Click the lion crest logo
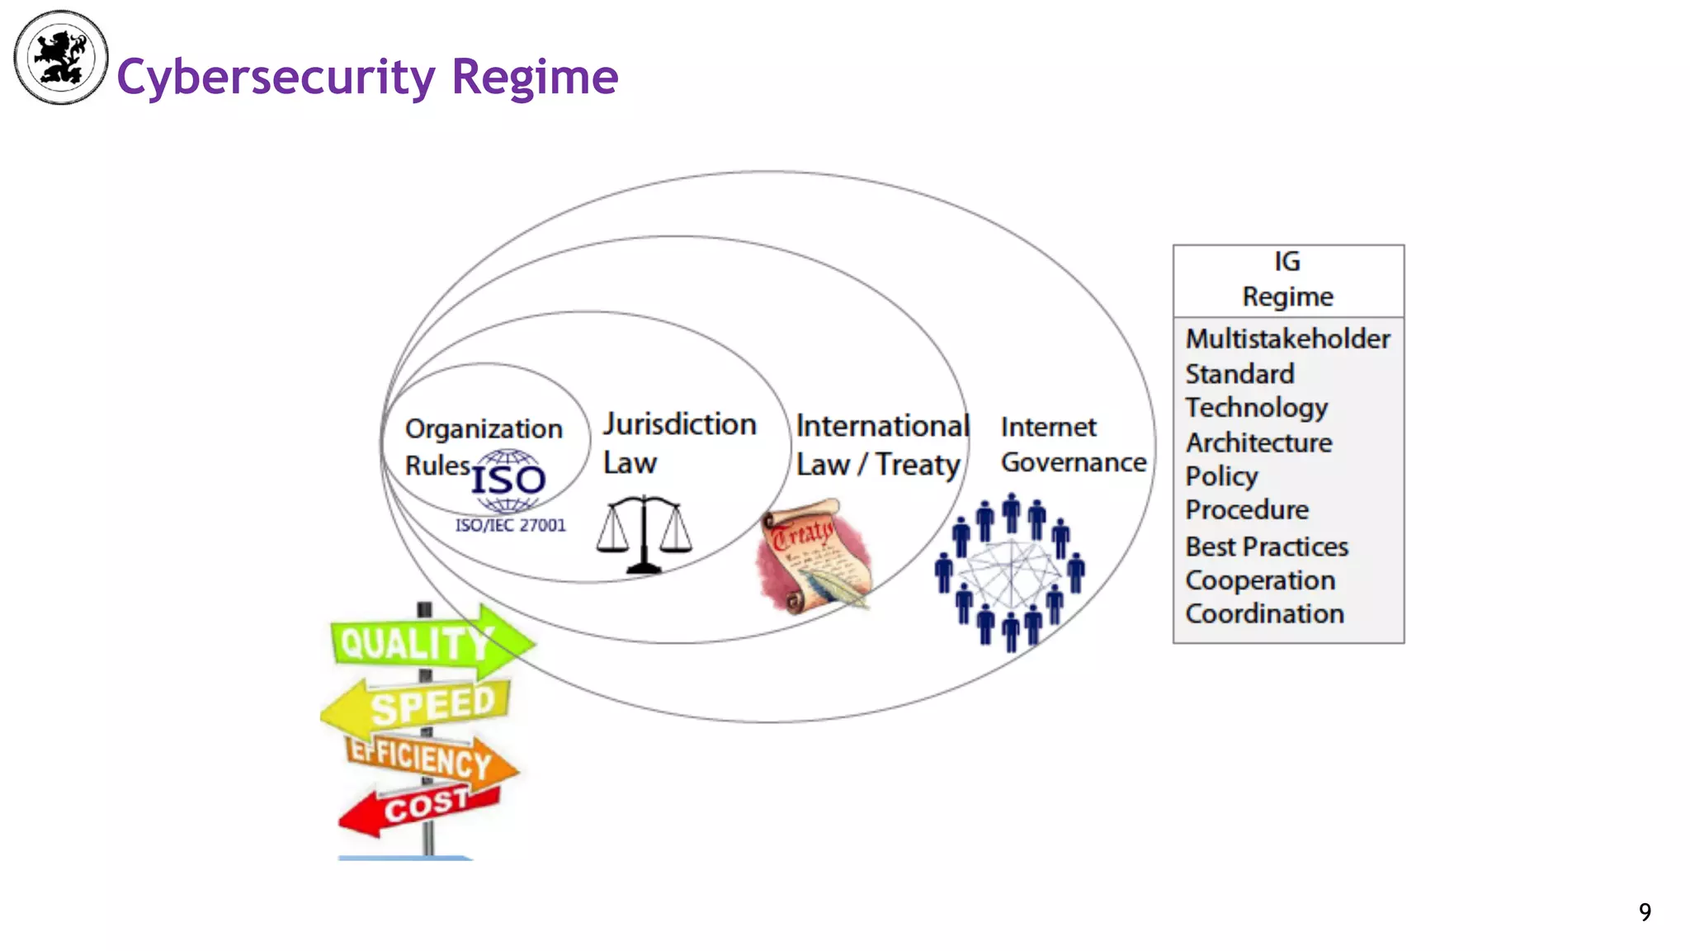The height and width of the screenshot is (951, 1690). tap(61, 58)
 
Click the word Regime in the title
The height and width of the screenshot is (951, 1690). tap(535, 77)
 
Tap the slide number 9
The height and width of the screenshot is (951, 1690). tap(1645, 911)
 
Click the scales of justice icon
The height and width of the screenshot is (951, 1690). tap(644, 533)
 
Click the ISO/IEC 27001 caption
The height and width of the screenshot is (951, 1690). tap(510, 525)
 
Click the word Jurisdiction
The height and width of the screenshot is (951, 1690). tap(679, 424)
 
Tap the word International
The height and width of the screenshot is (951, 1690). tap(881, 426)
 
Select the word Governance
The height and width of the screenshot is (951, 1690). tap(1073, 462)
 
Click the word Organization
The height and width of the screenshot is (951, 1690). tap(484, 429)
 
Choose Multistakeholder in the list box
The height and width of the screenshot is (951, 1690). tap(1287, 338)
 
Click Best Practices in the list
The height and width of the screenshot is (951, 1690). tap(1267, 546)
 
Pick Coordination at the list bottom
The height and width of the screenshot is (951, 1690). tap(1264, 613)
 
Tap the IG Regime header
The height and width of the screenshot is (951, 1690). tap(1287, 279)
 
